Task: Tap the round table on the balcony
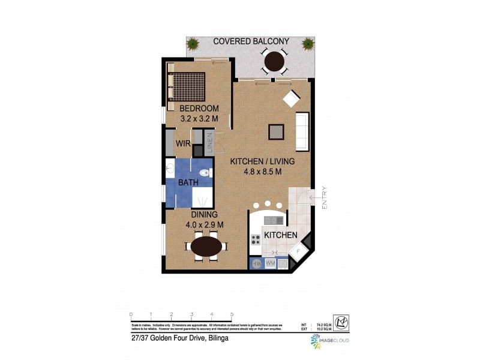(275, 61)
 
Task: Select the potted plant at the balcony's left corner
(194, 43)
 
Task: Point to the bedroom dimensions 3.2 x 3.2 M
(200, 118)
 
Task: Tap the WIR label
(183, 143)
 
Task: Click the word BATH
(189, 182)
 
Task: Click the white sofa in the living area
(302, 131)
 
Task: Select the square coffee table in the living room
(277, 131)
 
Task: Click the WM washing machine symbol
(269, 263)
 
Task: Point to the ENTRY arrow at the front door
(314, 197)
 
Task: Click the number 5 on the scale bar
(232, 314)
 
